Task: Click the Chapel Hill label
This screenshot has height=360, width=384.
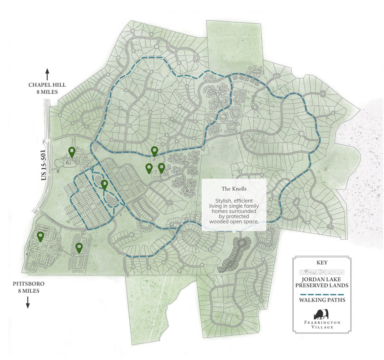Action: pyautogui.click(x=47, y=88)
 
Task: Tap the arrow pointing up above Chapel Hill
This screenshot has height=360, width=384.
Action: pyautogui.click(x=47, y=74)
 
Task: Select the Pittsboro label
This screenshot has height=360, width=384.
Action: pyautogui.click(x=29, y=287)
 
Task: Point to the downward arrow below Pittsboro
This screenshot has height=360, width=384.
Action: pyautogui.click(x=28, y=302)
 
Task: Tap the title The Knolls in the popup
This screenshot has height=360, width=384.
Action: pyautogui.click(x=234, y=189)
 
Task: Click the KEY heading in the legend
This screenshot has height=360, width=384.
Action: pyautogui.click(x=322, y=263)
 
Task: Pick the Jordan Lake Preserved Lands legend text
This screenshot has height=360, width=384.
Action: pyautogui.click(x=322, y=282)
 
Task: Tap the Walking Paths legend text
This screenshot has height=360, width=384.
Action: pyautogui.click(x=322, y=300)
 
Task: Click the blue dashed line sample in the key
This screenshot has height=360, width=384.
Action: pyautogui.click(x=322, y=294)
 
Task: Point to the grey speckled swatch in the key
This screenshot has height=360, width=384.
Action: pyautogui.click(x=322, y=272)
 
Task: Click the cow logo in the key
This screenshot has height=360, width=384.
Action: pyautogui.click(x=321, y=314)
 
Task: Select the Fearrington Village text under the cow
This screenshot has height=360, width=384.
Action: pyautogui.click(x=322, y=325)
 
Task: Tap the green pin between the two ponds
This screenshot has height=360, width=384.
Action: pyautogui.click(x=104, y=184)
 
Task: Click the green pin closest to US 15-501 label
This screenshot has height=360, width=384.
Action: pyautogui.click(x=72, y=151)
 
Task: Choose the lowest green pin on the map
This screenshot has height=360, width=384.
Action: pyautogui.click(x=79, y=247)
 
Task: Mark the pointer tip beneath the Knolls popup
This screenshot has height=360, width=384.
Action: pyautogui.click(x=234, y=232)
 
